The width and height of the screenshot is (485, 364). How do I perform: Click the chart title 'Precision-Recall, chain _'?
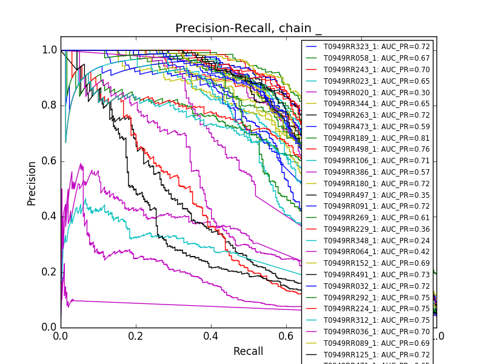[x=249, y=29]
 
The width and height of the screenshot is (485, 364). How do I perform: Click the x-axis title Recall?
[x=249, y=351]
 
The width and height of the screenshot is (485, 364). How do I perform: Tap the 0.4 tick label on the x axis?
[x=211, y=335]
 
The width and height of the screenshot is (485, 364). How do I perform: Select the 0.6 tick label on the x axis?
[x=286, y=335]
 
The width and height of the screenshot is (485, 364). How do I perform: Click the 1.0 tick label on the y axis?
[x=50, y=50]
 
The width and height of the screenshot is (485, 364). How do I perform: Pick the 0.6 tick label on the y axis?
[x=50, y=161]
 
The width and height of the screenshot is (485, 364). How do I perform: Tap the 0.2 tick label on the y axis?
[x=50, y=272]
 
